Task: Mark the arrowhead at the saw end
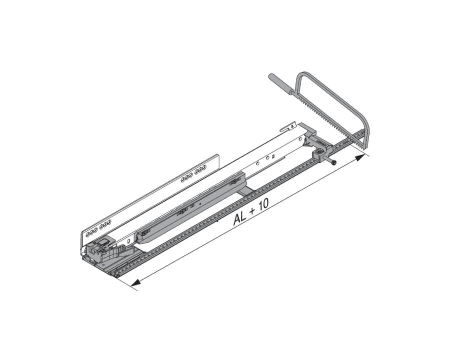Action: pos(360,158)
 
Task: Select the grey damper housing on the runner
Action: pos(190,205)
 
